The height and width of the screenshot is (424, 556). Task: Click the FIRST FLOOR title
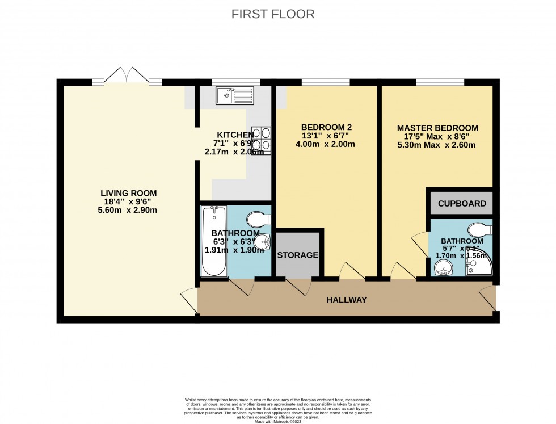coord(273,14)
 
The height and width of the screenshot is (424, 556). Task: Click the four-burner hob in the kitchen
coord(261,140)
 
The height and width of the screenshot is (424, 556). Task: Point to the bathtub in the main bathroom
coord(214,241)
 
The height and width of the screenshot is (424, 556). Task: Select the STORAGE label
coord(298,255)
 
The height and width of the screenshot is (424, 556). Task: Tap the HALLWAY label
coord(346,300)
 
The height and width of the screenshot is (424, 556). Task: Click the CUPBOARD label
coord(462,203)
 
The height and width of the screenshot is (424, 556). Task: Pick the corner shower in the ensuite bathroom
coord(479,265)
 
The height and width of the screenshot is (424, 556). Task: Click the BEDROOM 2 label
coord(326,127)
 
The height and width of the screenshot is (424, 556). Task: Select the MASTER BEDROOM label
coord(437,128)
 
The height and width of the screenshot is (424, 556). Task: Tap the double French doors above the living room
coord(127,76)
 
